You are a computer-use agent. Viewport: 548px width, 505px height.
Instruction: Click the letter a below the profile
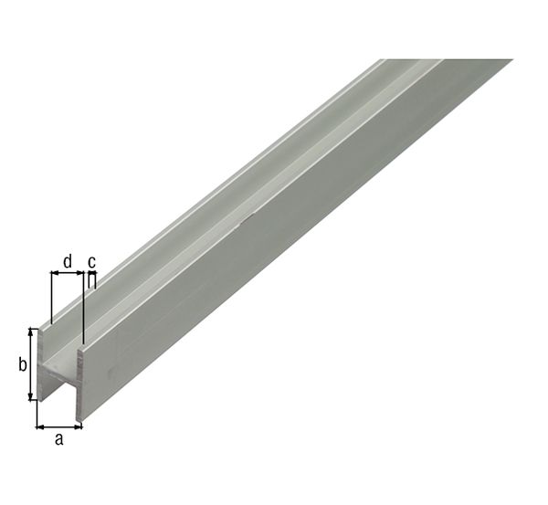coord(60,440)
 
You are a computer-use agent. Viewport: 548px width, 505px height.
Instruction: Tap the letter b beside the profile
coord(22,365)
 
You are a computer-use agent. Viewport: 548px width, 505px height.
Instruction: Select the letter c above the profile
coord(91,262)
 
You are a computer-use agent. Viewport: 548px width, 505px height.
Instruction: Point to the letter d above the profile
coord(68,262)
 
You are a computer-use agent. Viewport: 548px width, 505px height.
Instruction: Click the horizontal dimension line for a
coord(59,426)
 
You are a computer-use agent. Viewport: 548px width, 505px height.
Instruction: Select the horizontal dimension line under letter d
coord(68,274)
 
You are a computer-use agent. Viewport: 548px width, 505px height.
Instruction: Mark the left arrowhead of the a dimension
coord(40,426)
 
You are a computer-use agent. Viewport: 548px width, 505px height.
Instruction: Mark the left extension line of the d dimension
coord(52,297)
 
